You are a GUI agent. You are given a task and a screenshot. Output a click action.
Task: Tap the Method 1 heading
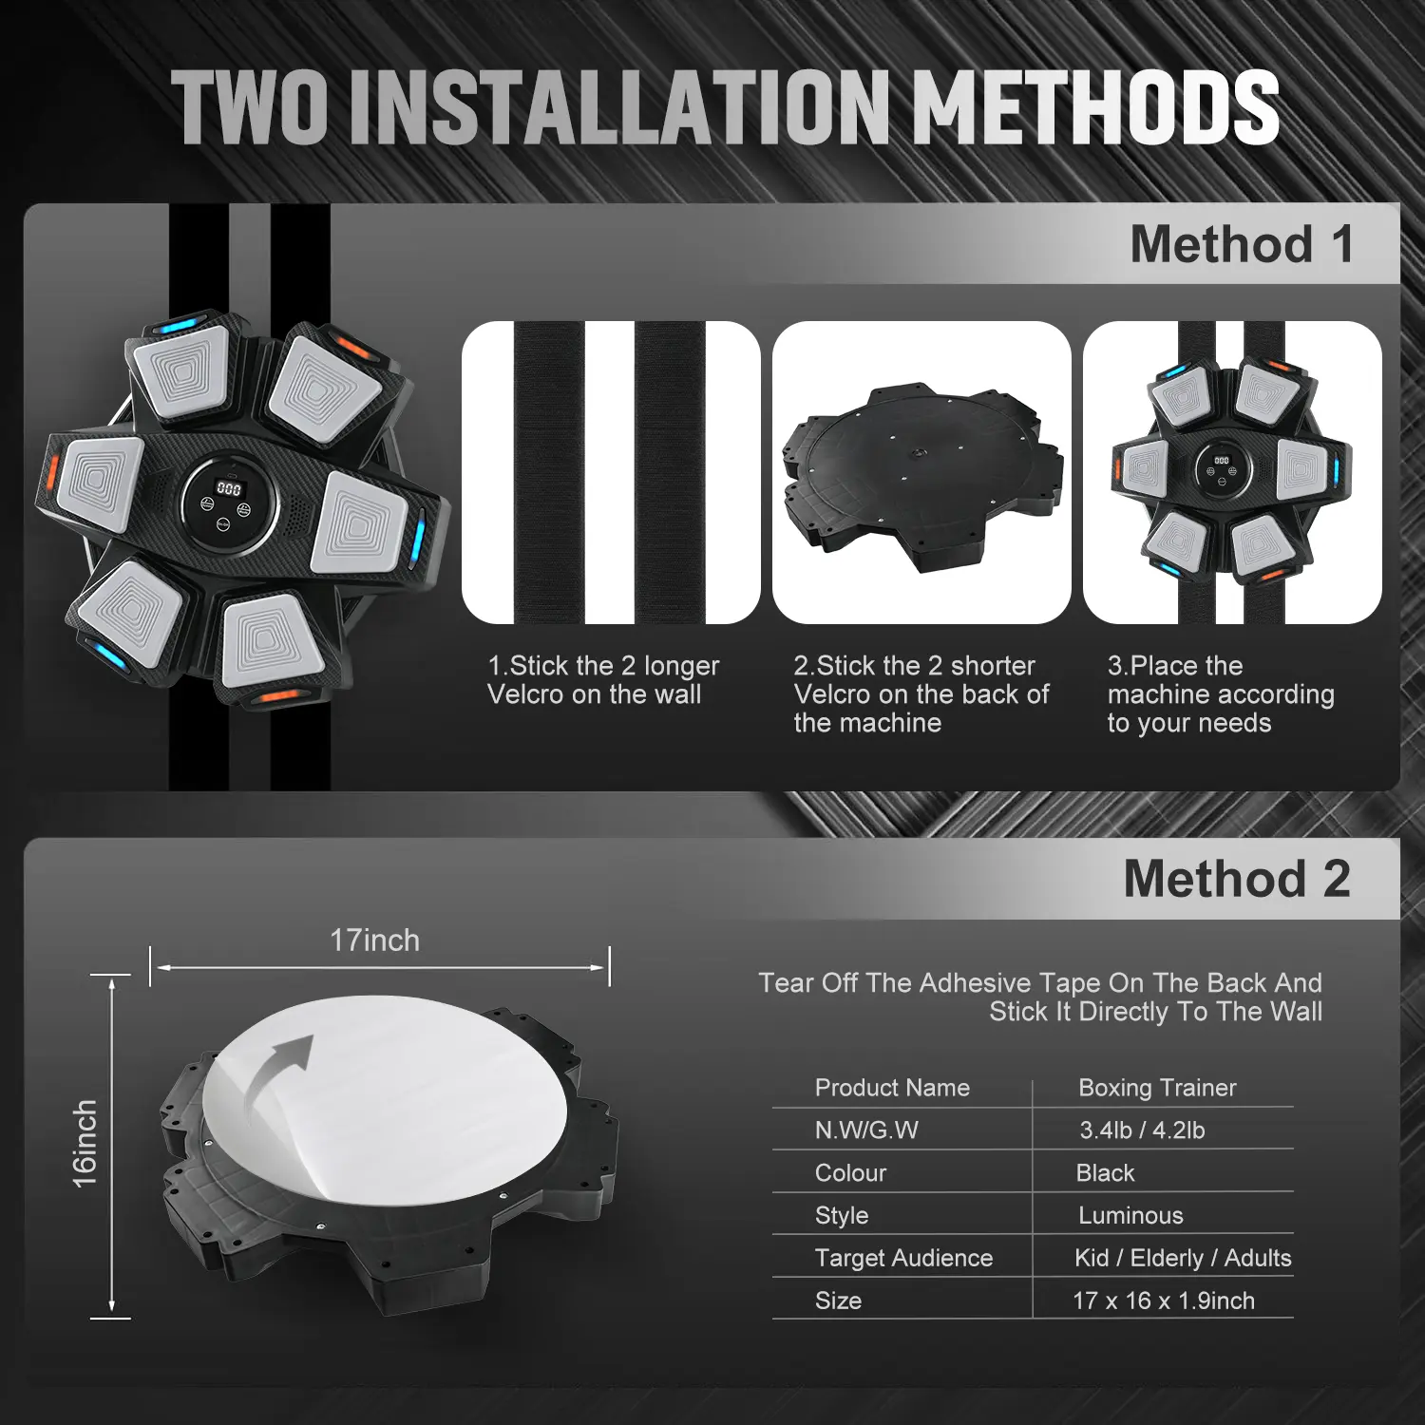point(1242,244)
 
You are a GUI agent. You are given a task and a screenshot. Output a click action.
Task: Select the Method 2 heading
point(1237,878)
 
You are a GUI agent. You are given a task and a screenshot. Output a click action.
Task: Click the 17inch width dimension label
point(374,940)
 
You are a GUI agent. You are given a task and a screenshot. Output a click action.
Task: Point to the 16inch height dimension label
point(85,1144)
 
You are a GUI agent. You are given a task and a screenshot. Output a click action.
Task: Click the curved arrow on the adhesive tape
point(277,1078)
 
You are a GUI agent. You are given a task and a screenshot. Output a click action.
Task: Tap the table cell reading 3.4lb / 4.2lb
point(1142,1130)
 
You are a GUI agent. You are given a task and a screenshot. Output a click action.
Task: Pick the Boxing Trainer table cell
point(1157,1088)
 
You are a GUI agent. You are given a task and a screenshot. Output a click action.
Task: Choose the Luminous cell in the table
point(1130,1215)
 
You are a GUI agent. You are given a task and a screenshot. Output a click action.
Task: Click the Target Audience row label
point(903,1258)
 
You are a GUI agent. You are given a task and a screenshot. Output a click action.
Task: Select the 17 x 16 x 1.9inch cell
point(1164,1301)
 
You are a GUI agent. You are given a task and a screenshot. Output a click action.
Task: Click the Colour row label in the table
point(850,1173)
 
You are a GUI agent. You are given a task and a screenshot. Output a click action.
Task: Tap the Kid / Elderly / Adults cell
point(1183,1258)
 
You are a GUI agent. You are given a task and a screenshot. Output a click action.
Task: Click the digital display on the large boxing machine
point(229,488)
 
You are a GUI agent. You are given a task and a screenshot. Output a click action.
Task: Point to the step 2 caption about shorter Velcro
point(921,694)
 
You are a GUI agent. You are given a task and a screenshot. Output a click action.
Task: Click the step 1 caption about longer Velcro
point(603,680)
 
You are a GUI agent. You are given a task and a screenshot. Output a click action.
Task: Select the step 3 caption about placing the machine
point(1221,694)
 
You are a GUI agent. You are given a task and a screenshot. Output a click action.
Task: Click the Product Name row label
point(892,1088)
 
